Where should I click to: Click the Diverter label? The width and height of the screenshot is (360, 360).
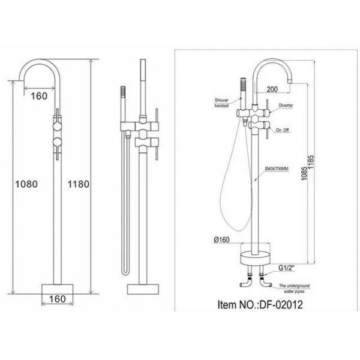pyautogui.click(x=286, y=105)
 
